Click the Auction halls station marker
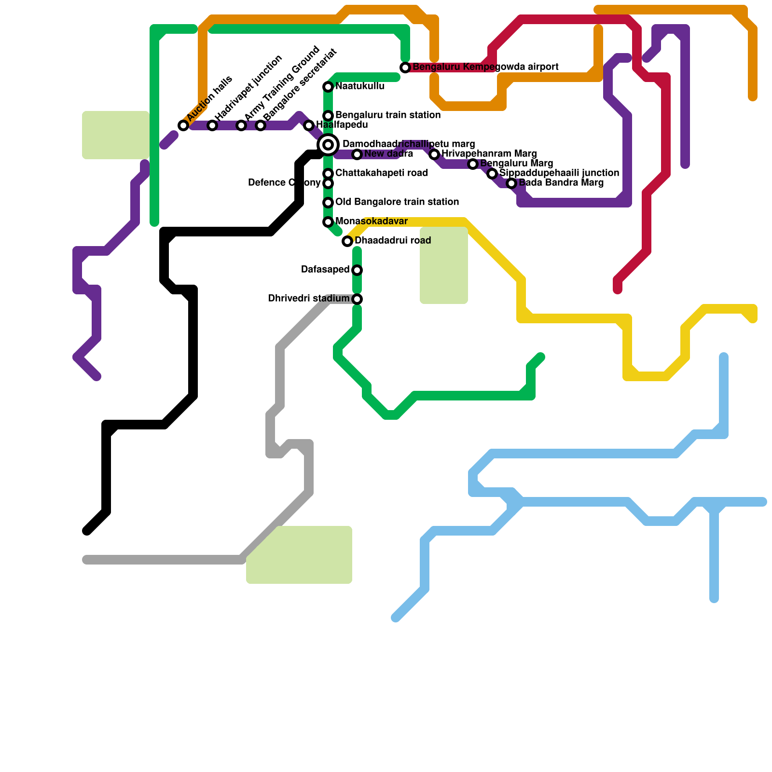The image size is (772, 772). (183, 125)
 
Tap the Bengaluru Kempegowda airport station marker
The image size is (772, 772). (405, 68)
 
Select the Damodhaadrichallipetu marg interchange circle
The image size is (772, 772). (328, 145)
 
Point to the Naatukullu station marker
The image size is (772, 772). (328, 87)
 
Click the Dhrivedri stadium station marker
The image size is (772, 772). (357, 299)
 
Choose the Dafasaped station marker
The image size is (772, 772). (357, 270)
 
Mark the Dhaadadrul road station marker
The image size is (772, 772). (347, 241)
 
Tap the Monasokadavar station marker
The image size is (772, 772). (328, 222)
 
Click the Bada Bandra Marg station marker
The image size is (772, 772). (511, 183)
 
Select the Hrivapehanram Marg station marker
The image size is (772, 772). (434, 154)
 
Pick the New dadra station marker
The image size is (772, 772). (357, 154)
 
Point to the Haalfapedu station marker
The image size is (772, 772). (309, 125)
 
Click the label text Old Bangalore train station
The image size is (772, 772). (397, 202)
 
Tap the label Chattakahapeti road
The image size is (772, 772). (381, 173)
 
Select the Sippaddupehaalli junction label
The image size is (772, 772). (559, 173)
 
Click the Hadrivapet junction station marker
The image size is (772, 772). (212, 125)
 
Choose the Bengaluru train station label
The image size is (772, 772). (387, 115)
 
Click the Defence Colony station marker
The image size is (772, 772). (328, 183)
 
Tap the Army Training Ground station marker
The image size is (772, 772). (241, 125)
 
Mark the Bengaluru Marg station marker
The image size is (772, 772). (473, 164)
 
